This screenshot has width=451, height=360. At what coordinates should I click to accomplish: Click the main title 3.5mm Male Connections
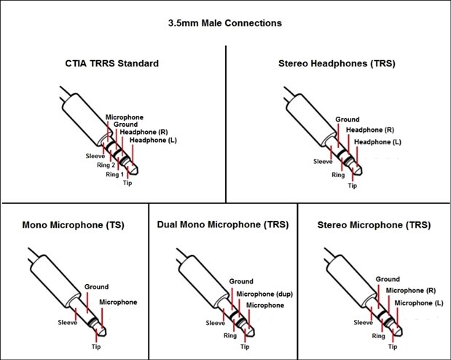(x=225, y=23)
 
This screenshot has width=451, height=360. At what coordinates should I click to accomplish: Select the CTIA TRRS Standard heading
(x=111, y=63)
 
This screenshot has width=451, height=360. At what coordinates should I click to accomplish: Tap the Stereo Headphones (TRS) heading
(x=337, y=63)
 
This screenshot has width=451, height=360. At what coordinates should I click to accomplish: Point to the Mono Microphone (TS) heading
(x=73, y=224)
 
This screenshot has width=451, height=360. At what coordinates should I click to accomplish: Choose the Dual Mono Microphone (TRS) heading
(x=222, y=224)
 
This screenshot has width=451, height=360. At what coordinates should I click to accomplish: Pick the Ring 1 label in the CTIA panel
(x=115, y=175)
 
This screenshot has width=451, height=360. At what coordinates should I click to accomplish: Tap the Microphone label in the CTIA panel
(x=125, y=117)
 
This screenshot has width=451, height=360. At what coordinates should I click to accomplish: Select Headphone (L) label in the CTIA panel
(x=153, y=140)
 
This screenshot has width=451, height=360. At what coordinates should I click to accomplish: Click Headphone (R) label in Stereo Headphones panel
(x=369, y=129)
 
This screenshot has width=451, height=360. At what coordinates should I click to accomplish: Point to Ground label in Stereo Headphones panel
(x=347, y=119)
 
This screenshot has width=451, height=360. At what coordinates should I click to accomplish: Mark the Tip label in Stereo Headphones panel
(x=353, y=186)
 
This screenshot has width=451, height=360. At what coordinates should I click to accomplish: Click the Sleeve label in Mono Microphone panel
(x=68, y=321)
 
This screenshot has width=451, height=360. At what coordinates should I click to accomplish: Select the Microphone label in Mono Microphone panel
(x=117, y=301)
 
